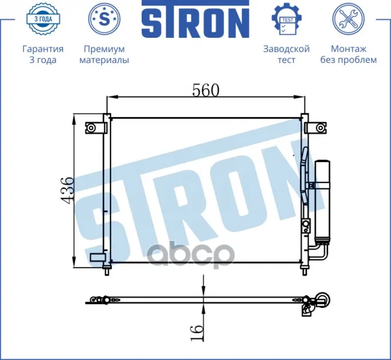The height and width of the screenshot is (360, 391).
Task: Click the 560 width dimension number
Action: pyautogui.click(x=206, y=90)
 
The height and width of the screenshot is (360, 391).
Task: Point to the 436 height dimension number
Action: pyautogui.click(x=67, y=191)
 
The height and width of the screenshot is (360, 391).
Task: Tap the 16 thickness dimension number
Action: pyautogui.click(x=197, y=332)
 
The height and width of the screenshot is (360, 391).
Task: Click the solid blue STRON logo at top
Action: pyautogui.click(x=196, y=19)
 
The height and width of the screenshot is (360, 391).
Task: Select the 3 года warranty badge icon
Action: pyautogui.click(x=43, y=19)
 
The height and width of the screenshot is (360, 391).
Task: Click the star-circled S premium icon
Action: pyautogui.click(x=105, y=19)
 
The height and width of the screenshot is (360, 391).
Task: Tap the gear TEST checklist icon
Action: pyautogui.click(x=286, y=19)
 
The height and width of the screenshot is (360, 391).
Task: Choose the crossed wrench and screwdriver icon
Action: pyautogui.click(x=348, y=19)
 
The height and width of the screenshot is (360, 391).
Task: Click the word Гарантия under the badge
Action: pyautogui.click(x=43, y=49)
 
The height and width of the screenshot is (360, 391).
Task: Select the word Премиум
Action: pyautogui.click(x=105, y=49)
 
